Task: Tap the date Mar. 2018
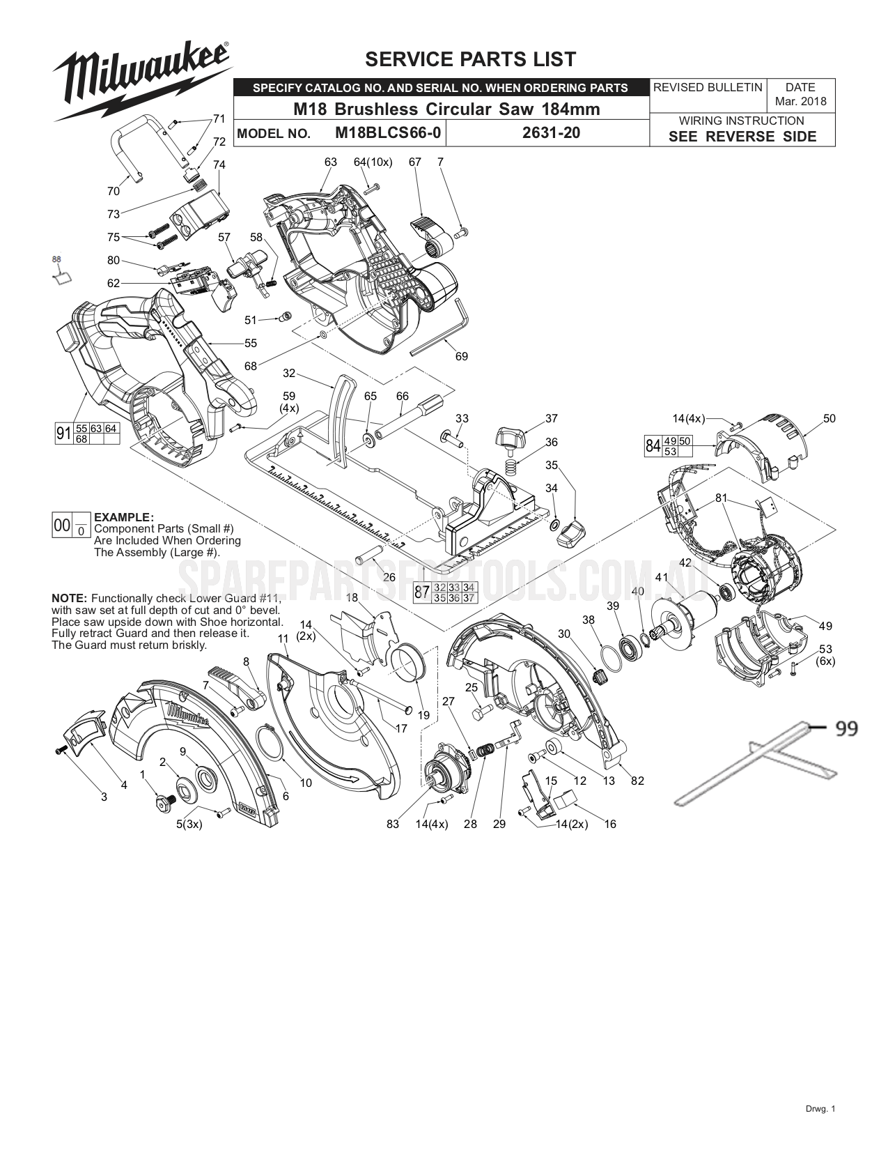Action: (x=800, y=101)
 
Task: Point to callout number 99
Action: (x=846, y=729)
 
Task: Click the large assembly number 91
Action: (x=63, y=434)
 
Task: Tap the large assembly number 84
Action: (x=653, y=445)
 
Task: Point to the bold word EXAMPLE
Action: (x=123, y=517)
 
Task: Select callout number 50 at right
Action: (x=829, y=419)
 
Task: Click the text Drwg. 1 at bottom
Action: (x=818, y=1128)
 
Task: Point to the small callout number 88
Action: (x=57, y=259)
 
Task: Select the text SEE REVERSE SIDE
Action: (x=742, y=137)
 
